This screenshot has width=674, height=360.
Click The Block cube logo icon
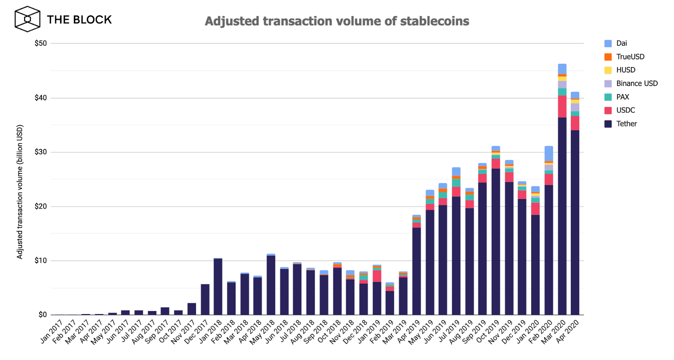coord(27,19)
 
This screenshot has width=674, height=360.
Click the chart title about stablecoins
coord(337,21)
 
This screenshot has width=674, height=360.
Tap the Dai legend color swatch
coord(608,43)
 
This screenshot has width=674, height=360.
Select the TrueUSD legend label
coord(630,57)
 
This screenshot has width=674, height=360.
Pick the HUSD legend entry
coord(626,70)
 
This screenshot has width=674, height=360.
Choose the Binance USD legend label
coord(637,83)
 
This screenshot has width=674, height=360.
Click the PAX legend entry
coord(622,97)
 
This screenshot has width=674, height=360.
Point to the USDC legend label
coord(625,110)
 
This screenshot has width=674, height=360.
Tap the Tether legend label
coord(626,124)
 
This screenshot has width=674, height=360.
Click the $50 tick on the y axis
coord(41,43)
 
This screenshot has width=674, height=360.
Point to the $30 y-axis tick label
coord(41,152)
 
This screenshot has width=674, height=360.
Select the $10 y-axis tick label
coord(41,261)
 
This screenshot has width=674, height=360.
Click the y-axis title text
coord(20,192)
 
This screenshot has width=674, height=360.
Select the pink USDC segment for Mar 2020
coord(562,106)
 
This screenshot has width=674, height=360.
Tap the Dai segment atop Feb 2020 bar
coord(549,153)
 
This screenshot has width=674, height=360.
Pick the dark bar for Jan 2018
coord(218,287)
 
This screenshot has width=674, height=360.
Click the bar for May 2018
coord(271,285)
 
